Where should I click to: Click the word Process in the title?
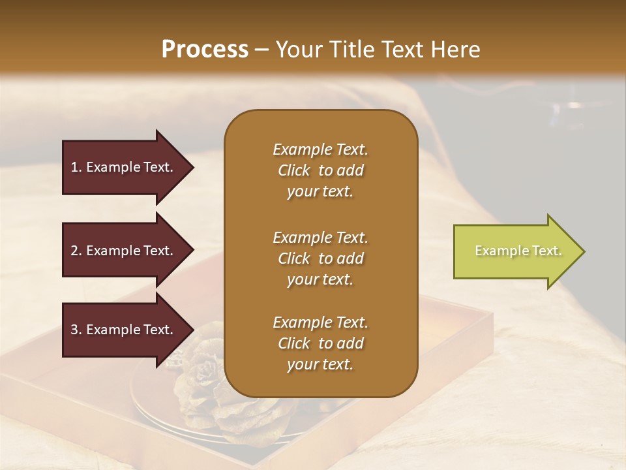(205, 50)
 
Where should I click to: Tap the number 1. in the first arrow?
(76, 167)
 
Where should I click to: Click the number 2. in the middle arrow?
(76, 251)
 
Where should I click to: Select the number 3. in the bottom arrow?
(76, 330)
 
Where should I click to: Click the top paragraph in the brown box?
(320, 170)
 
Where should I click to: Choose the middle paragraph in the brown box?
(320, 258)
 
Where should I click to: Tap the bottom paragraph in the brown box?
(320, 343)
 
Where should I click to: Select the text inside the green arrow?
(518, 251)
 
